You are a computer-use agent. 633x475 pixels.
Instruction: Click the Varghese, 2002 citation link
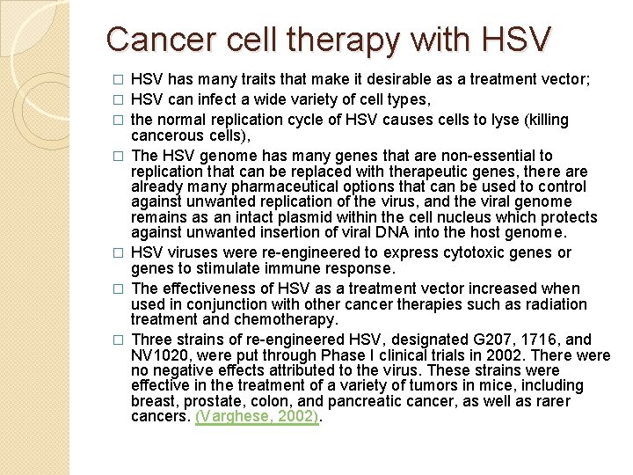tap(258, 417)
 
